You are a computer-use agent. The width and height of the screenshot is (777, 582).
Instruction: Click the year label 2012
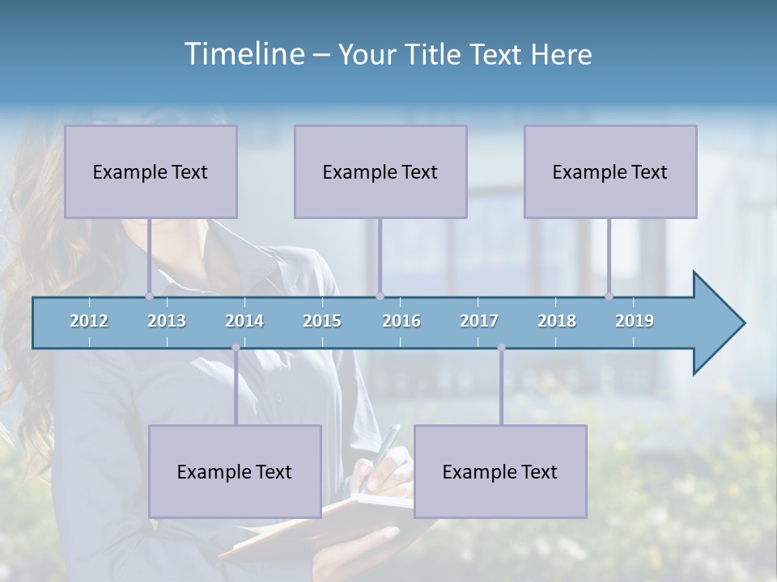coord(89,321)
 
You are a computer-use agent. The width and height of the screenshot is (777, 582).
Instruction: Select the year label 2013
coord(167,321)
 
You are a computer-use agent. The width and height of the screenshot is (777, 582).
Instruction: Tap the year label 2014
coord(244,321)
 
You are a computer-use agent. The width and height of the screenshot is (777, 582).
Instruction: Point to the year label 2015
coord(322,321)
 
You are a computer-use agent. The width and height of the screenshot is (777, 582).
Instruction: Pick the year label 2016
coord(401,321)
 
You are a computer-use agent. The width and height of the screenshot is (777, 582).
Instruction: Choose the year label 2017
coord(479,321)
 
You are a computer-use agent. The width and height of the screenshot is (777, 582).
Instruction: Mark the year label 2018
coord(557,321)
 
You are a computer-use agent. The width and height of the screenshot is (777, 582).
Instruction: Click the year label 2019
coord(635,321)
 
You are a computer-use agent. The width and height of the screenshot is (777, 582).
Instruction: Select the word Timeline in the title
coord(243,54)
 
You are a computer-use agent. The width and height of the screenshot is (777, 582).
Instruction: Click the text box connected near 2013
coord(151,171)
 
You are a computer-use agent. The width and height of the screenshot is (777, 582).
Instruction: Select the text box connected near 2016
coord(380,171)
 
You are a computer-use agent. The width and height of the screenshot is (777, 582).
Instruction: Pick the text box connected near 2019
coord(610,171)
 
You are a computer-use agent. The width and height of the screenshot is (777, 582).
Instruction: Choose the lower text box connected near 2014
coord(235,471)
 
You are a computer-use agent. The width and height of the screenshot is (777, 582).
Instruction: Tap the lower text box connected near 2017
coord(500,471)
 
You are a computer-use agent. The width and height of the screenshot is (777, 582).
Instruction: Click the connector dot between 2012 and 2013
coord(149,297)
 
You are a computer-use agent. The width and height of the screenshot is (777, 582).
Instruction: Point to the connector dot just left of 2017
coord(501,348)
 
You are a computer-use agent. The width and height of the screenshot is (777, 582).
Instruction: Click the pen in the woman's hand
coord(387,446)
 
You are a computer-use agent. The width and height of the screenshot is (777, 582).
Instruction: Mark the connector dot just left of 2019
coord(609,297)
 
